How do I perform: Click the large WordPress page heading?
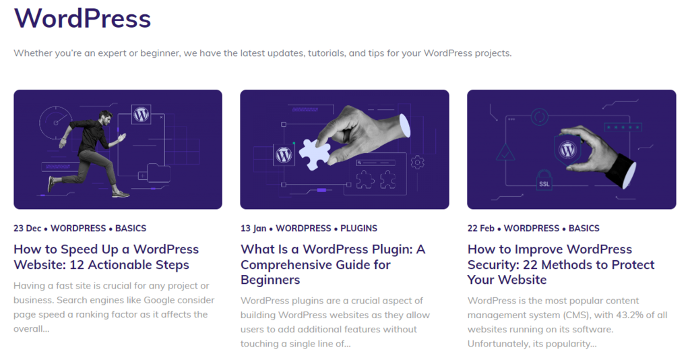(x=82, y=18)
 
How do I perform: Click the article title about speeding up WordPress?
(x=106, y=257)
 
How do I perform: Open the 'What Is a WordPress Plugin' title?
(x=333, y=264)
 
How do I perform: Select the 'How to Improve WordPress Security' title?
(x=561, y=264)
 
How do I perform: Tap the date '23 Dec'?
(x=28, y=229)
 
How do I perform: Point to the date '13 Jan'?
(x=253, y=229)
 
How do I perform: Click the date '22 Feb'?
(x=481, y=229)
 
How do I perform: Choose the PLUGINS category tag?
(x=358, y=229)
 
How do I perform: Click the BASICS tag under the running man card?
(x=131, y=229)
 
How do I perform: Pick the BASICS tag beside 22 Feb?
(x=584, y=229)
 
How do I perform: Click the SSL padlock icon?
(x=544, y=181)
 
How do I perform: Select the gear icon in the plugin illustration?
(x=417, y=162)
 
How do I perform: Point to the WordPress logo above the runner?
(x=142, y=114)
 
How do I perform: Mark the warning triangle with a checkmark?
(x=505, y=153)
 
